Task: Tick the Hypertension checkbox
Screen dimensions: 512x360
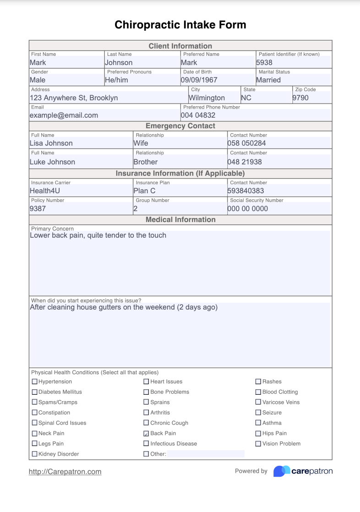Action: (35, 381)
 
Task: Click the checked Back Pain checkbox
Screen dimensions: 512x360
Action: (147, 433)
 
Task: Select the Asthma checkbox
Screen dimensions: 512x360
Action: (258, 423)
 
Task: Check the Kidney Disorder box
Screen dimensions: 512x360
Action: (35, 454)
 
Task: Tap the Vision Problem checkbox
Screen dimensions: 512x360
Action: (258, 443)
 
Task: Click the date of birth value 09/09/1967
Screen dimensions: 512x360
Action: (199, 80)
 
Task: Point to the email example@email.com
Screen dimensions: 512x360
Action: (64, 115)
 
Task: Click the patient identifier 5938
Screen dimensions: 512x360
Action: (264, 63)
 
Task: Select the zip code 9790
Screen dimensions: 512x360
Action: (300, 98)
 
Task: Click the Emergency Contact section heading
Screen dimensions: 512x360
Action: (180, 126)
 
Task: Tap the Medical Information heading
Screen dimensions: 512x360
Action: (180, 220)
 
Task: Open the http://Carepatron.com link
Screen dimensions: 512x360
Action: (65, 472)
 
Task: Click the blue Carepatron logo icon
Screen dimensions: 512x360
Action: (282, 471)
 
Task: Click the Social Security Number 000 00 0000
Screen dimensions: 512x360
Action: (248, 209)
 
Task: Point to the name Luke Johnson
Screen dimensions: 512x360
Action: (52, 162)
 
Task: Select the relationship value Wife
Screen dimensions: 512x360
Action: (141, 143)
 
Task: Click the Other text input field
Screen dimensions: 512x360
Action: (206, 454)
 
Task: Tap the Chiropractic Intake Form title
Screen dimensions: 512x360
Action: (180, 25)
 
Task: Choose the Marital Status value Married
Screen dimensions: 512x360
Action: (268, 80)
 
